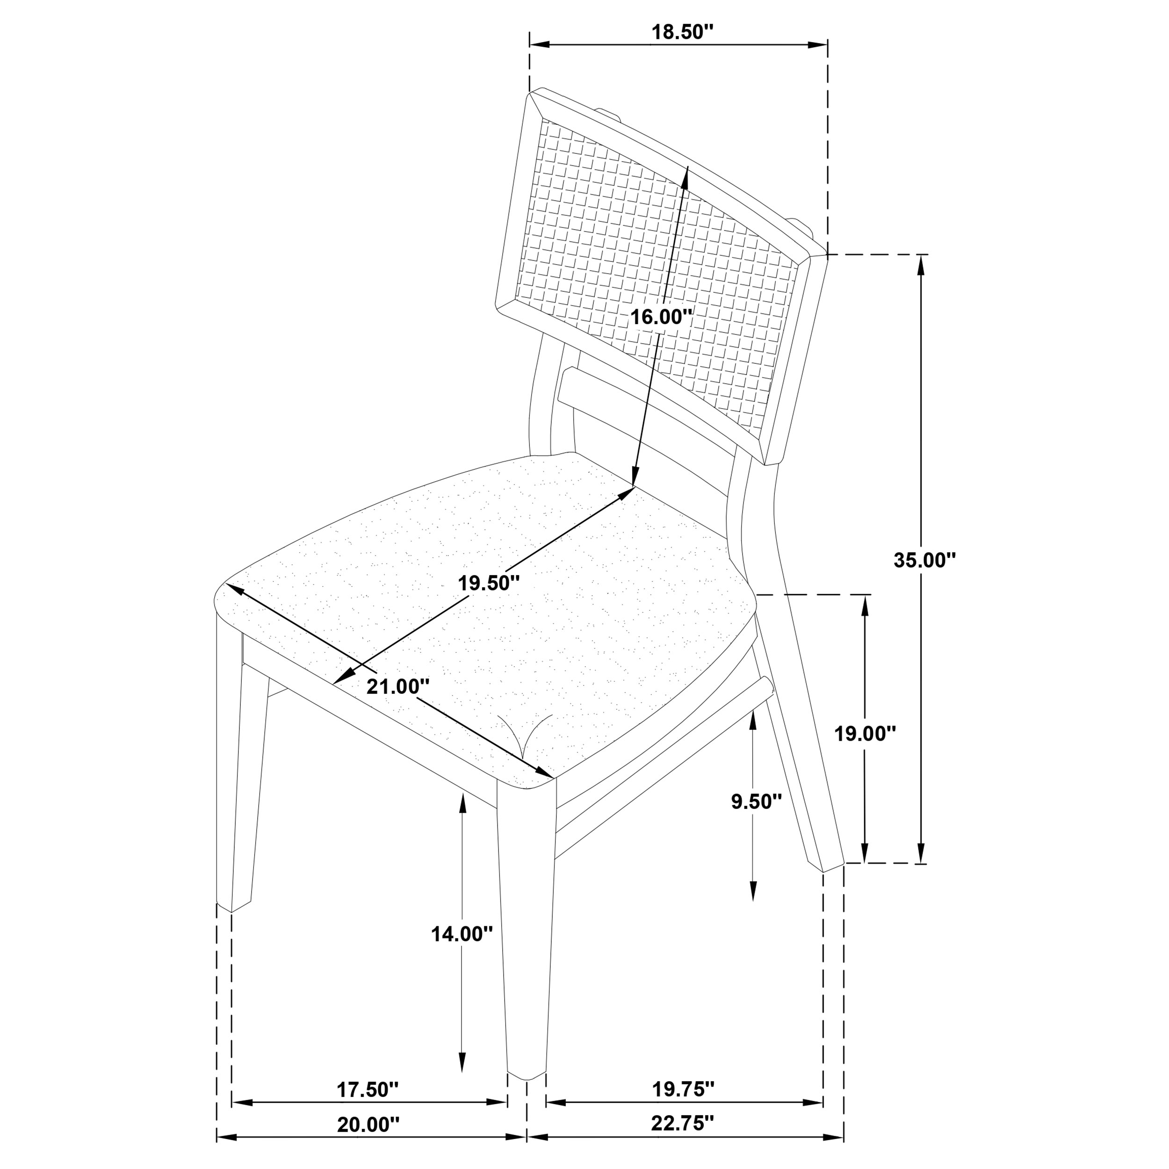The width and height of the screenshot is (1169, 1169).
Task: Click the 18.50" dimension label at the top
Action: (x=678, y=33)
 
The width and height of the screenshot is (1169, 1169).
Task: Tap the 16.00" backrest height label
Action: (x=661, y=317)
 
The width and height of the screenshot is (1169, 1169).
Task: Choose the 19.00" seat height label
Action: (x=865, y=734)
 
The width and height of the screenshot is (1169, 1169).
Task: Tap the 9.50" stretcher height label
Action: (x=756, y=802)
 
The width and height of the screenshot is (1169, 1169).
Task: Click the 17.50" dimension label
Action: (x=368, y=1090)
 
